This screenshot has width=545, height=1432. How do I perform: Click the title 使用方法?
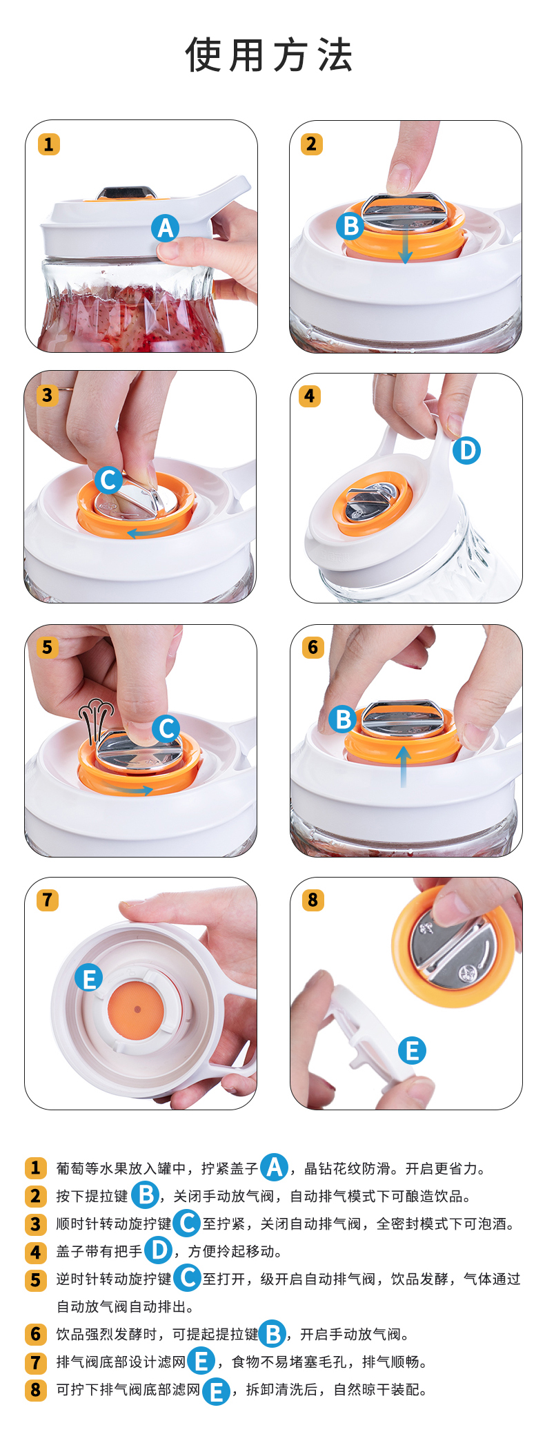click(269, 55)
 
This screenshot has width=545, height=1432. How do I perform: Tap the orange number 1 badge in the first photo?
click(48, 144)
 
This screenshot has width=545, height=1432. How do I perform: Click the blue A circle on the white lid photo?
click(166, 228)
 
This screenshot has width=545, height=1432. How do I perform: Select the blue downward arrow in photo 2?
click(406, 247)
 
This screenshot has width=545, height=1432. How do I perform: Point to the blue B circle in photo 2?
click(351, 225)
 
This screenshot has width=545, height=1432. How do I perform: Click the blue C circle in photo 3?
click(108, 480)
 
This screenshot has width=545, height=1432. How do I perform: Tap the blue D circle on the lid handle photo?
click(467, 450)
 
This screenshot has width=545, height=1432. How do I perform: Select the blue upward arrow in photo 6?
click(404, 767)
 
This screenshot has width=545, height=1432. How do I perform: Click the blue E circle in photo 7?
click(89, 978)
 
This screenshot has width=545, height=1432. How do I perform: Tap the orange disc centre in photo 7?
click(137, 1009)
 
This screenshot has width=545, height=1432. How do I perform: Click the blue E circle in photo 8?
click(413, 1050)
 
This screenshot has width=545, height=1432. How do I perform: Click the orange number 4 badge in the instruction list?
click(36, 1251)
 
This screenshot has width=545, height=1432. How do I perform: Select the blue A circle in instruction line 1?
click(274, 1167)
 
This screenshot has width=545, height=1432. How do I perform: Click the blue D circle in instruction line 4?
click(159, 1250)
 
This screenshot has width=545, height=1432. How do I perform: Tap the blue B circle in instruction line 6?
click(272, 1333)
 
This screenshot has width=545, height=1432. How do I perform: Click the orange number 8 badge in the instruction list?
click(36, 1389)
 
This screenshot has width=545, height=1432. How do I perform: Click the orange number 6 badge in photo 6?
click(313, 647)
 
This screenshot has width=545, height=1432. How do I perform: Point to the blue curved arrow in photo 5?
click(129, 789)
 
